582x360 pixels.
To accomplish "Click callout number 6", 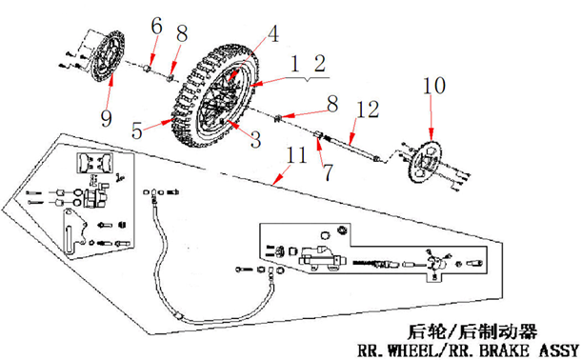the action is click(156, 27).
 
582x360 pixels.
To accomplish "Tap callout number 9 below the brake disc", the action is click(106, 119).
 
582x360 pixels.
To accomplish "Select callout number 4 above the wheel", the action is click(273, 33).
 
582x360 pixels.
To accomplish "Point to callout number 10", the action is click(434, 86).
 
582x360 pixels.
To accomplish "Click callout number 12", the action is click(367, 110).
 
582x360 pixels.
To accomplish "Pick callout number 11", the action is click(296, 155).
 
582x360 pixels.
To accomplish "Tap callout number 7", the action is click(328, 172).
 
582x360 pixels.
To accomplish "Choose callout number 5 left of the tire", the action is click(137, 130).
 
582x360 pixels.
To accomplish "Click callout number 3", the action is click(255, 140).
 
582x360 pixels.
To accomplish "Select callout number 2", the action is click(320, 64).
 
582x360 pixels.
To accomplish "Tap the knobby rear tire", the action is click(214, 96).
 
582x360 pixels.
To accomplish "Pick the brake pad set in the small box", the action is click(94, 163).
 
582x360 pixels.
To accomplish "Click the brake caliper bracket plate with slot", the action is click(73, 232).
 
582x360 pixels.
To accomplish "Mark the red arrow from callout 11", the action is click(281, 175).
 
